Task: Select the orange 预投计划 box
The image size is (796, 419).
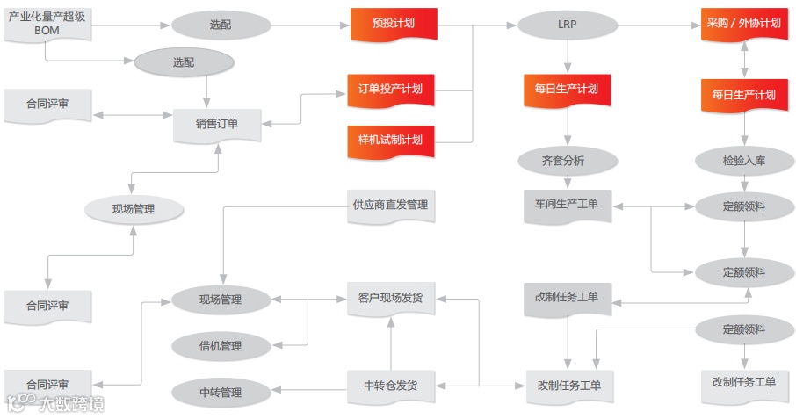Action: (393, 24)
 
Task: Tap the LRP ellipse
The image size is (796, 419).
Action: (567, 24)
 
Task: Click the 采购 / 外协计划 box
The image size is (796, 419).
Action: (744, 24)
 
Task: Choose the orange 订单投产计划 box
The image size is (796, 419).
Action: (391, 89)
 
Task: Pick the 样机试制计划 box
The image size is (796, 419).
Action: (391, 140)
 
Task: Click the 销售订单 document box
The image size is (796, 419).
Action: (217, 124)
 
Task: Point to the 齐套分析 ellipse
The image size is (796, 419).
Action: (567, 161)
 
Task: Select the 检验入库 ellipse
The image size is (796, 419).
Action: (744, 161)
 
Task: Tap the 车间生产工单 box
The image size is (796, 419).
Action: (567, 205)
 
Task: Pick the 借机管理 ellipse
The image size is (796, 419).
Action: (220, 346)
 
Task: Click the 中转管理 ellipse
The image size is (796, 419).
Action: (220, 393)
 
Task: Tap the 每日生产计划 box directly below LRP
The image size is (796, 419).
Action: (567, 89)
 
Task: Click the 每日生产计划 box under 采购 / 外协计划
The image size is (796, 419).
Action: (744, 95)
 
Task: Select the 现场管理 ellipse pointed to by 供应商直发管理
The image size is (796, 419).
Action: (220, 300)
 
